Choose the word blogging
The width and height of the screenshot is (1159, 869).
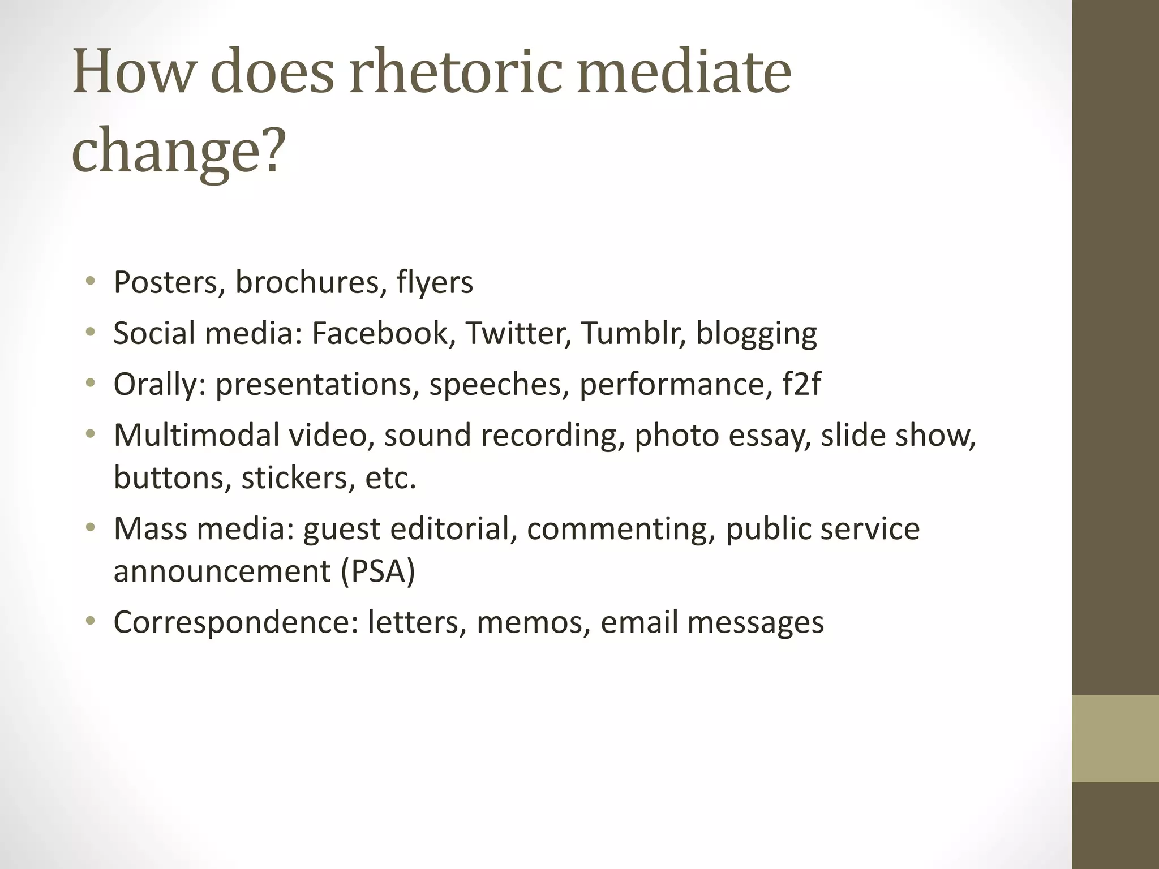(x=756, y=334)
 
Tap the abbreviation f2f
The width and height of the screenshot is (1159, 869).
(x=801, y=384)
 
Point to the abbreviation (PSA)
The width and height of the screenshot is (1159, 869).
(x=378, y=571)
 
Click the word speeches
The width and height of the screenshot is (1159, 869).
(x=499, y=385)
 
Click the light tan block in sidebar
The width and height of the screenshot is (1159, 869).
(x=1115, y=738)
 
